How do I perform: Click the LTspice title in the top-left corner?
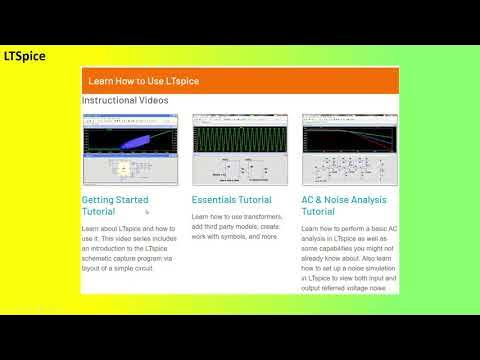point(24,57)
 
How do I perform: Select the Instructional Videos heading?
point(125,100)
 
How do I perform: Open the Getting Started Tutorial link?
point(115,206)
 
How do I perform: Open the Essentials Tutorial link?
point(231,200)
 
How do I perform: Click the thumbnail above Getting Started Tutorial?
point(130,149)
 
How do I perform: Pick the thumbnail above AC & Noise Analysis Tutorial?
point(348,149)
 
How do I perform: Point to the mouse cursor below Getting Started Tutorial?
point(147,212)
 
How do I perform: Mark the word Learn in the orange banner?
point(100,80)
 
